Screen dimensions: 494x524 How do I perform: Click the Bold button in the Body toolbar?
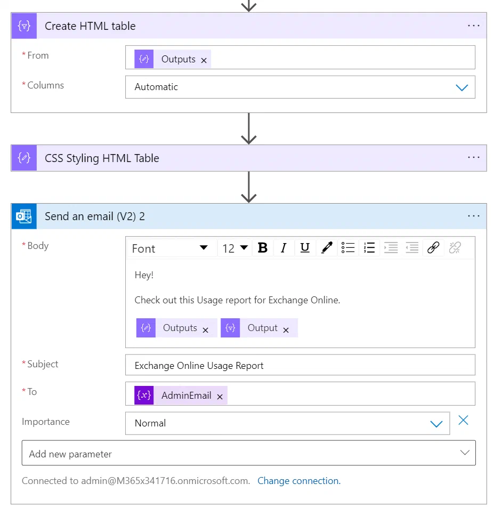pos(263,248)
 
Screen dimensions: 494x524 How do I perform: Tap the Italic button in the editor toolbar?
pos(284,248)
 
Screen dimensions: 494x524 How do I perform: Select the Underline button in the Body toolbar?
pos(305,248)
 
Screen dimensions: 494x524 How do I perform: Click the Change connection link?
pos(299,481)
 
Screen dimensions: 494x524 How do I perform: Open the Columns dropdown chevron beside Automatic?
pos(461,87)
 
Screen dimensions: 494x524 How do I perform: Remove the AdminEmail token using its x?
pos(220,397)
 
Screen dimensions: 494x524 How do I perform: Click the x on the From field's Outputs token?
pos(204,60)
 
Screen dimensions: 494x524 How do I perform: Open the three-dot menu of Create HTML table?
pos(473,26)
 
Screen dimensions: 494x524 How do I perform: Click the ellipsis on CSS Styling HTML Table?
pos(473,157)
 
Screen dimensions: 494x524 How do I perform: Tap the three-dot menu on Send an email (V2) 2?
pos(473,216)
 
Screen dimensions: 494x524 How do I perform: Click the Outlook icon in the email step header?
pos(24,216)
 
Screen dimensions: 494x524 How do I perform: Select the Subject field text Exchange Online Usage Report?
pos(199,366)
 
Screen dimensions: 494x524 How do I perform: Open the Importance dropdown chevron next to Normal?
pos(436,424)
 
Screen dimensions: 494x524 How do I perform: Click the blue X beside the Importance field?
pos(463,420)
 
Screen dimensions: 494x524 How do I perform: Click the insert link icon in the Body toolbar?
pos(433,248)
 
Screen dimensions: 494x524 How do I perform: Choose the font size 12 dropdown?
pos(235,248)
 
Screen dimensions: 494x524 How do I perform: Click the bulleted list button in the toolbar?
pos(347,248)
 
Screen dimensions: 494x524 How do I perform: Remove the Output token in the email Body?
pos(286,330)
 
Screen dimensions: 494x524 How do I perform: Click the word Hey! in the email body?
pos(144,275)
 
